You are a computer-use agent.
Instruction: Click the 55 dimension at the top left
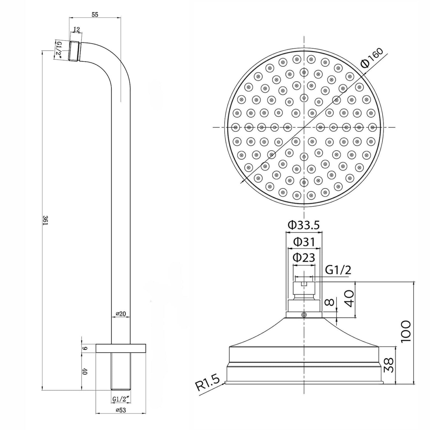(95, 14)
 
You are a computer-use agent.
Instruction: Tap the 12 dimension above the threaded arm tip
(76, 29)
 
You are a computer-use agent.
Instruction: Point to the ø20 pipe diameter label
(121, 314)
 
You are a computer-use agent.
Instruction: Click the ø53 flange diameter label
(121, 410)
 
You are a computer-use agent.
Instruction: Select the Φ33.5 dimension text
(304, 225)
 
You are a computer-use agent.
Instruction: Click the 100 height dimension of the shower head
(406, 331)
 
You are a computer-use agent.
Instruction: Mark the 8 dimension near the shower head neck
(329, 303)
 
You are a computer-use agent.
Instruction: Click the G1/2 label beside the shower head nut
(338, 270)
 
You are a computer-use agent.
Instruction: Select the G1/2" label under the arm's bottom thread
(121, 398)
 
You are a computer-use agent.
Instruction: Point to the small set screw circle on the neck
(304, 315)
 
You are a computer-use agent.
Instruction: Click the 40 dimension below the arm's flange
(85, 371)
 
